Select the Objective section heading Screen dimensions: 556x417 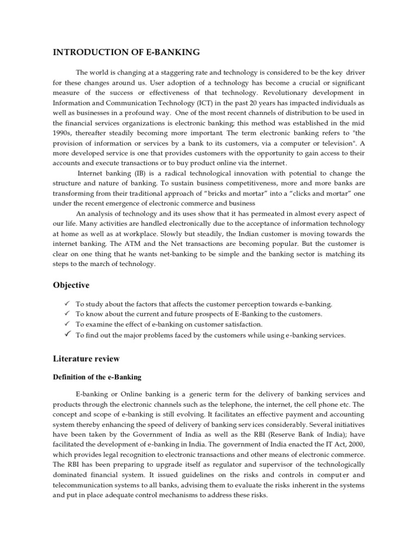click(x=71, y=285)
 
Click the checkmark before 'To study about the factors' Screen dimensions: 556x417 click(x=66, y=304)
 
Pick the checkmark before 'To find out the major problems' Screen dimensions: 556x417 click(x=66, y=334)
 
